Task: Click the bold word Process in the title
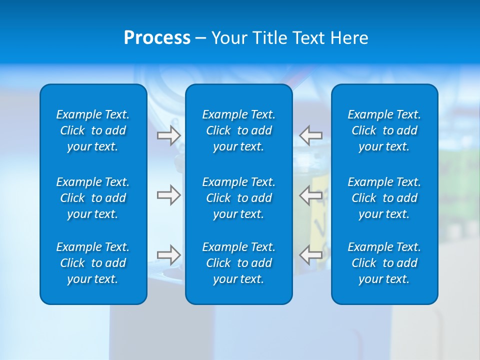(x=157, y=38)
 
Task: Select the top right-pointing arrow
(x=168, y=135)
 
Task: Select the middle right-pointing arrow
(x=168, y=195)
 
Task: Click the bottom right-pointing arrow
(x=168, y=255)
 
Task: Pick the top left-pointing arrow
(x=311, y=135)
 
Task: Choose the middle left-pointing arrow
(x=311, y=195)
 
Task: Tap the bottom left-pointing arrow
(x=311, y=255)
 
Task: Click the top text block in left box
(x=93, y=130)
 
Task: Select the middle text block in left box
(x=93, y=198)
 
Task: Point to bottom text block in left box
(x=93, y=263)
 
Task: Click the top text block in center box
(x=239, y=130)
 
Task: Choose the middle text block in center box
(x=239, y=198)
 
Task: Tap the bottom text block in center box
(x=239, y=263)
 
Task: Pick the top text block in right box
(x=384, y=130)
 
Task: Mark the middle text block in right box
(x=384, y=198)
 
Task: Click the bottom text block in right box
(x=384, y=263)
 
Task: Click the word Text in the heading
(x=309, y=38)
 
